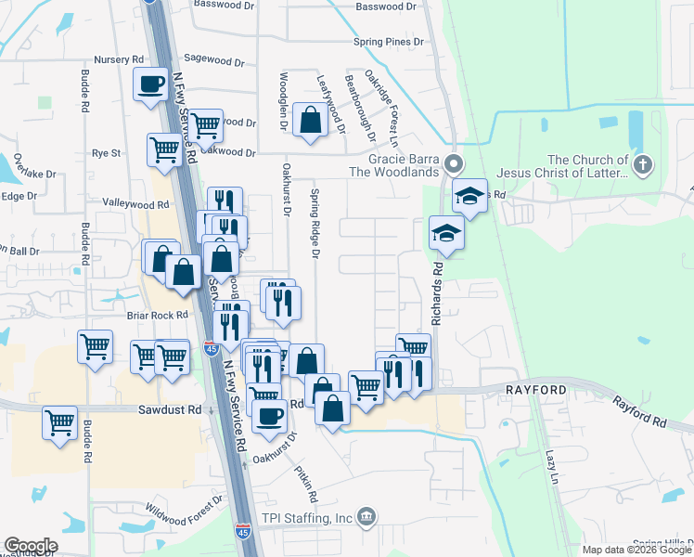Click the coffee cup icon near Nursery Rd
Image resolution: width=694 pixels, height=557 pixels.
[x=151, y=84]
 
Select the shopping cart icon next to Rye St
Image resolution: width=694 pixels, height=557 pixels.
[x=164, y=149]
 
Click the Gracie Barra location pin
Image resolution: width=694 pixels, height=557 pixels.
[x=454, y=165]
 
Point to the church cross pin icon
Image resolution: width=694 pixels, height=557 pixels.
[x=643, y=165]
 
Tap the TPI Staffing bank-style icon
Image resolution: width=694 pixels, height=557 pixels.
[x=367, y=516]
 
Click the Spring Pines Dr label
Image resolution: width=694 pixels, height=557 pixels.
[x=388, y=42]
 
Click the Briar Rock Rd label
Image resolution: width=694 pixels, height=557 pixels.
[x=158, y=315]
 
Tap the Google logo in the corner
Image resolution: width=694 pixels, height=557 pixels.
[x=31, y=546]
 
